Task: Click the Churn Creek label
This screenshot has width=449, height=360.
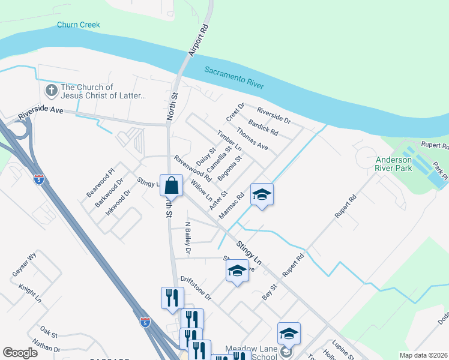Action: [x=78, y=25]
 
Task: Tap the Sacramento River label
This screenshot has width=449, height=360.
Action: [x=234, y=77]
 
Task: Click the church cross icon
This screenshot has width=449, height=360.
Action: [x=51, y=91]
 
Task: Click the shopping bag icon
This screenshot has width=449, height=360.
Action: [x=172, y=185]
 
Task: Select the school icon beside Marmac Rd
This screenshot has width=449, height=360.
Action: [x=262, y=195]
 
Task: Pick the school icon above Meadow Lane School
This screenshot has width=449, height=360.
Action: [x=289, y=334]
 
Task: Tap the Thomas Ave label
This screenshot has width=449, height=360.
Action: [x=252, y=138]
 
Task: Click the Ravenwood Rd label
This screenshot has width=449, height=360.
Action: [x=193, y=169]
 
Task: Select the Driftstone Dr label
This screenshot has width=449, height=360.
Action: [x=196, y=289]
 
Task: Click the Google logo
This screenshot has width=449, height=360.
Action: [x=20, y=353]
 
